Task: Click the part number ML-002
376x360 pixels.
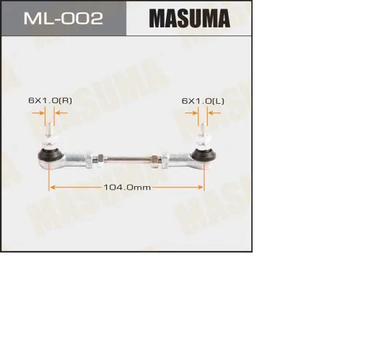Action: click(64, 18)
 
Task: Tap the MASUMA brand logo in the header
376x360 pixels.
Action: click(189, 19)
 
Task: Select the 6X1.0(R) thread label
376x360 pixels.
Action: click(50, 100)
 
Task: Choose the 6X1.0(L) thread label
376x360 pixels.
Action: click(203, 101)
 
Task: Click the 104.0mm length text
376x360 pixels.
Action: click(127, 187)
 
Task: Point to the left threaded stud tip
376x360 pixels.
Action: click(50, 123)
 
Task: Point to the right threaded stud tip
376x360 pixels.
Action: click(204, 123)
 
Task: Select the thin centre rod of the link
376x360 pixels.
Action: click(127, 159)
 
